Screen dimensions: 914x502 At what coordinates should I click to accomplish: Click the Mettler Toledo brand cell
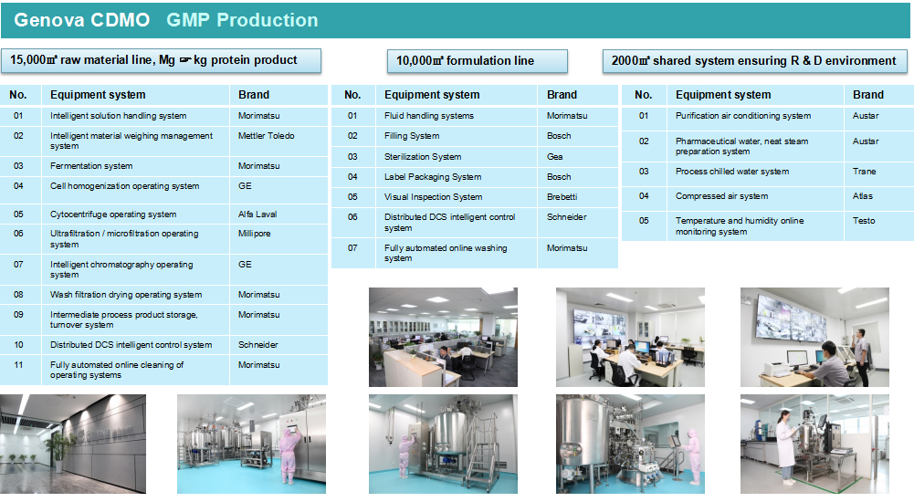(x=278, y=141)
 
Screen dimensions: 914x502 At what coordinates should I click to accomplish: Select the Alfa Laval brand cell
(x=278, y=214)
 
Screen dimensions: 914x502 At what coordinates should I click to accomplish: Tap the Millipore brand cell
(x=278, y=239)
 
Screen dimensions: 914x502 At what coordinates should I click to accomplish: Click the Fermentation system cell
(x=135, y=166)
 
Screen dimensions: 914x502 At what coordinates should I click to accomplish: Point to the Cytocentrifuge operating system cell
(x=135, y=214)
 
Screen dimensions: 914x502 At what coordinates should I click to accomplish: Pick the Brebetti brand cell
(x=577, y=197)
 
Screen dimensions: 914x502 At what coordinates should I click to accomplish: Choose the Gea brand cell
(x=577, y=157)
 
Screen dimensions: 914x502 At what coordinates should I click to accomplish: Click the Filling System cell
(x=456, y=136)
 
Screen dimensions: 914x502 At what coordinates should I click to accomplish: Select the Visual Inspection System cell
(x=456, y=197)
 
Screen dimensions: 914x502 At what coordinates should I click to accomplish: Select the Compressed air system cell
(x=755, y=196)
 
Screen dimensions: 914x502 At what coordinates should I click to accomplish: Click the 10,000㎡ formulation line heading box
(x=478, y=61)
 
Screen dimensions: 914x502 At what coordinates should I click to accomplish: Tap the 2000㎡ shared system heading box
(x=754, y=61)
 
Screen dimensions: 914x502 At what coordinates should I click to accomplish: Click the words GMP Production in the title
(x=242, y=20)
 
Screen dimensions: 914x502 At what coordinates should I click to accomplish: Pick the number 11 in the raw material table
(x=18, y=365)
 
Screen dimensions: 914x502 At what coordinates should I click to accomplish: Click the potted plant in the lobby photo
(x=58, y=451)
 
